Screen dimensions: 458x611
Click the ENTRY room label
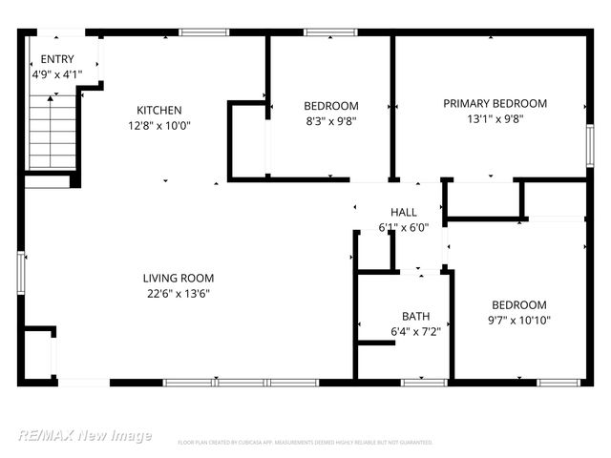click(56, 59)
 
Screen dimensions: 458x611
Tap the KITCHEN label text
click(158, 111)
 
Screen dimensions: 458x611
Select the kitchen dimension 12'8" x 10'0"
click(158, 125)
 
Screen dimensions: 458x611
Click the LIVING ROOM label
click(177, 279)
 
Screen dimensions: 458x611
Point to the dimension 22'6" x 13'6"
click(177, 294)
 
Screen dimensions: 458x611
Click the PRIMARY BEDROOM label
click(495, 104)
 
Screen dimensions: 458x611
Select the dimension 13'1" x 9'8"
click(495, 119)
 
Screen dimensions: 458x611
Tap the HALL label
click(403, 212)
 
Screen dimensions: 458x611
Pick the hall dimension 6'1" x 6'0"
click(403, 227)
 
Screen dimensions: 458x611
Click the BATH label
click(415, 316)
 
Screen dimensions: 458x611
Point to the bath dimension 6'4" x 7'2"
click(415, 331)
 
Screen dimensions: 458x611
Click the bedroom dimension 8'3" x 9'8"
click(330, 121)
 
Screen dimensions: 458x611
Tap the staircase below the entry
click(52, 134)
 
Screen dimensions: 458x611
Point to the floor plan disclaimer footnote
click(305, 443)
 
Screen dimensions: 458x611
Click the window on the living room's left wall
click(21, 269)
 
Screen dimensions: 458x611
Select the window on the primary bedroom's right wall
click(589, 148)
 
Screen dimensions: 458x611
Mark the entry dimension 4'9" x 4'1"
click(56, 73)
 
